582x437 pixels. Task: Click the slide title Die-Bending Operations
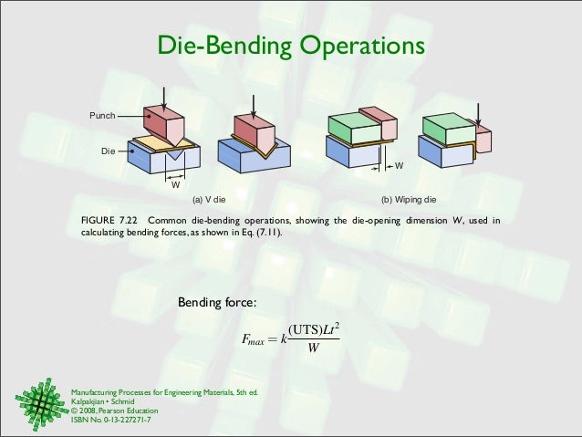point(291,45)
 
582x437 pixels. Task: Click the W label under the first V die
point(174,185)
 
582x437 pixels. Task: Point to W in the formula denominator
point(314,352)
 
